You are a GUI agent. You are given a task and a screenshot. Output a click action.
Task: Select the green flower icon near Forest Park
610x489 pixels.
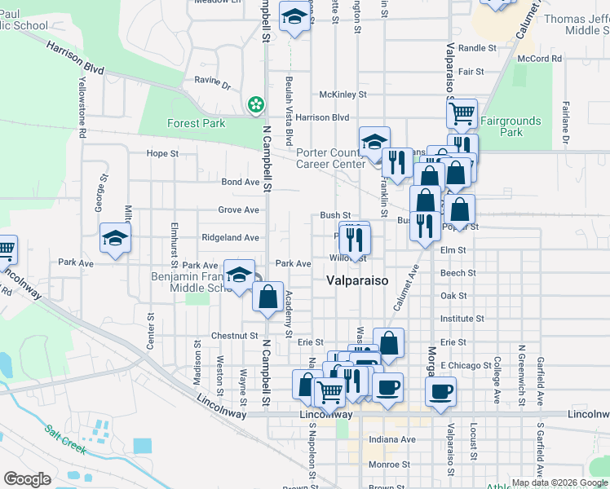click(256, 104)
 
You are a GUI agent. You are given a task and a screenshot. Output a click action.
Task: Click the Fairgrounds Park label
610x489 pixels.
click(511, 126)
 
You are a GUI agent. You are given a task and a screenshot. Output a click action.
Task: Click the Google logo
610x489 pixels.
click(28, 479)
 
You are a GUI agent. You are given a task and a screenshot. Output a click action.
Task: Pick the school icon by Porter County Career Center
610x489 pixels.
click(374, 141)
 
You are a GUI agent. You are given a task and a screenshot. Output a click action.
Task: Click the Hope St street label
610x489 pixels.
click(162, 153)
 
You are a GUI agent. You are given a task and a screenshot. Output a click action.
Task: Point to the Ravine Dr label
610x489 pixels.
click(212, 82)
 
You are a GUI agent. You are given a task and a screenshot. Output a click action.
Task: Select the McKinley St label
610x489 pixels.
click(343, 95)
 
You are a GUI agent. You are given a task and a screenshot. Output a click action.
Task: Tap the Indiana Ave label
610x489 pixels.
click(392, 439)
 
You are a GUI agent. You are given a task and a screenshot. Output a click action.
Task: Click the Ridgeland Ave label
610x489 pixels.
click(231, 237)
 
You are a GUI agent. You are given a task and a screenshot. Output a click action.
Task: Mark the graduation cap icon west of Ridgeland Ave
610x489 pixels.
click(115, 239)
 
